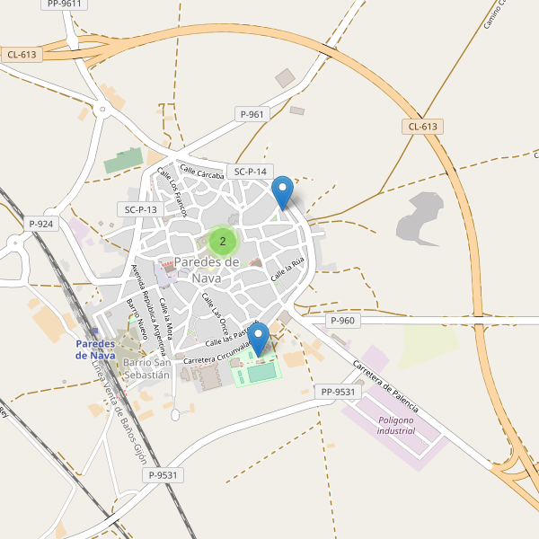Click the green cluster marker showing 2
pyautogui.click(x=223, y=241)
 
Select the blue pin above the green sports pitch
pyautogui.click(x=260, y=340)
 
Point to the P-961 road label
pyautogui.click(x=252, y=114)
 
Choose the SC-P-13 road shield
pyautogui.click(x=140, y=209)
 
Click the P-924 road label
pyautogui.click(x=41, y=224)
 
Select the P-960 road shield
pyautogui.click(x=343, y=321)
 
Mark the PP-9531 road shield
pyautogui.click(x=338, y=392)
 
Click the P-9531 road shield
pyautogui.click(x=165, y=475)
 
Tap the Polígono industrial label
pyautogui.click(x=395, y=425)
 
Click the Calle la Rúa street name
pyautogui.click(x=289, y=266)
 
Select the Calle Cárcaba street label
pyautogui.click(x=200, y=170)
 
